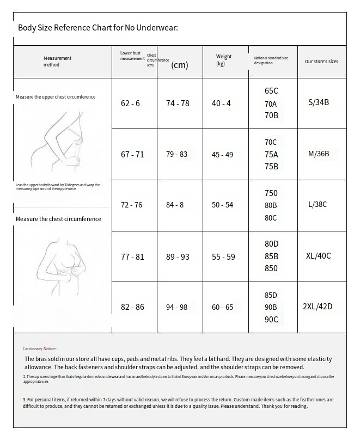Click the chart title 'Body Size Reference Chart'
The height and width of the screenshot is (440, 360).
[98, 28]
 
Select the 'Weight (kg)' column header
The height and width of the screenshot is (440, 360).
[223, 60]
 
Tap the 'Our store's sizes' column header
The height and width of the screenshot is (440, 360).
[321, 62]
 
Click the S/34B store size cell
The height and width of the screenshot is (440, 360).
[319, 102]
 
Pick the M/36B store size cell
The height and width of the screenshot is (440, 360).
[319, 154]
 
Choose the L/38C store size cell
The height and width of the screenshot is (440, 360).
[318, 205]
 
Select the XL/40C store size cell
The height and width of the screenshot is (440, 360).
[319, 256]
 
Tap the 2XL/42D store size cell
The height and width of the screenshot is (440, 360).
[317, 307]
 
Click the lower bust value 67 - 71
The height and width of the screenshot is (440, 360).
[132, 155]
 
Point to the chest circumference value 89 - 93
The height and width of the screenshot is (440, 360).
[178, 256]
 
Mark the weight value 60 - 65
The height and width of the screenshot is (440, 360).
[222, 308]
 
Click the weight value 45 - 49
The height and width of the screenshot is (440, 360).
[222, 155]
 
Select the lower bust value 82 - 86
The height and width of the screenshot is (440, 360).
[132, 308]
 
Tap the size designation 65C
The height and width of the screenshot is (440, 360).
[271, 91]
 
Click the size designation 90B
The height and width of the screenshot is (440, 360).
[271, 308]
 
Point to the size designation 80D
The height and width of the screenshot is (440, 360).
[271, 244]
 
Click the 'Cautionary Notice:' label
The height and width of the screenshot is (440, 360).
[39, 349]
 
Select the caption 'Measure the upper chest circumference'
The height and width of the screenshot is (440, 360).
[56, 97]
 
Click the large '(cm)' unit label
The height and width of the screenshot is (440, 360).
[180, 65]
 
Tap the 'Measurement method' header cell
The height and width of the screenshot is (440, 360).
[57, 62]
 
